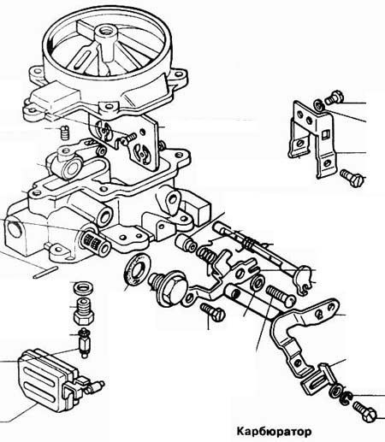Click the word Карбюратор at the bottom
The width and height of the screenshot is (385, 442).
pos(274,432)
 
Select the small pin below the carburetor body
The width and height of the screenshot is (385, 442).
pos(45,272)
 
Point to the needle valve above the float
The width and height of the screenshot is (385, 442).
pos(84,343)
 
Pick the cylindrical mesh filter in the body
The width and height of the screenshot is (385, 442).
pos(96,242)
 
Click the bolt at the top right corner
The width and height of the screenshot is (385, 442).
pos(335,97)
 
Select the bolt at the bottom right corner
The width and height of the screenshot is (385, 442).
pos(364,411)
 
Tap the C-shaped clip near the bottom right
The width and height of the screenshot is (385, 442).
pos(346,397)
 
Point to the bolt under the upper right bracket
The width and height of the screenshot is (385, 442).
pos(352,177)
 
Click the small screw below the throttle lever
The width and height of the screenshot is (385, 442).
pos(213,311)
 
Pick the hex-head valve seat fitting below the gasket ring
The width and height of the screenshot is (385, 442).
pos(84,312)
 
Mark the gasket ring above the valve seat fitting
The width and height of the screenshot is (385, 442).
pos(83,287)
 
